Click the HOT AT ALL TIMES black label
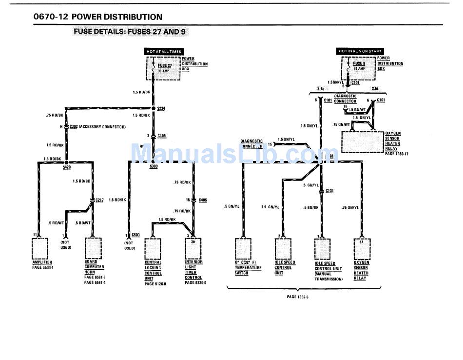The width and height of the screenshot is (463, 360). tap(164, 51)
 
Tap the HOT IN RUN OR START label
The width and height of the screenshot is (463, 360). tap(360, 51)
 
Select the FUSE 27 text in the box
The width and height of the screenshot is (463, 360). tap(165, 65)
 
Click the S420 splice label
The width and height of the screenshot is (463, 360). tap(67, 167)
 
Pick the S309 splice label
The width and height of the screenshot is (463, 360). tap(154, 167)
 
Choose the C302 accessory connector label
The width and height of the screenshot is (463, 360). tap(74, 126)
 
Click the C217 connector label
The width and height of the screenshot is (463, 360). tap(99, 200)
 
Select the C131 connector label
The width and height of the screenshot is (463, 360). tap(329, 191)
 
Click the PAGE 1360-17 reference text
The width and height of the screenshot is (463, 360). tap(396, 154)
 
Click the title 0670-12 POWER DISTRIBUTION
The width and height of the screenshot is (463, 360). tap(98, 17)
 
